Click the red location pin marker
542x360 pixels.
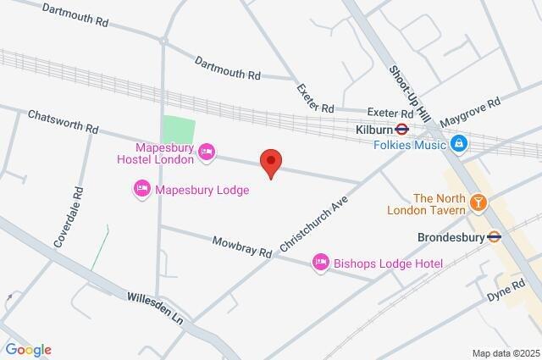tap(270, 162)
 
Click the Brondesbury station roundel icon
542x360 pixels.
tap(495, 237)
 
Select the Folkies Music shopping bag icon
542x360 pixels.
tap(458, 144)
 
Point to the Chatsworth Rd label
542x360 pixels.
tap(63, 122)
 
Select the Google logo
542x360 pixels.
tap(28, 350)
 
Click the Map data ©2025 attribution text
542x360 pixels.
tap(505, 353)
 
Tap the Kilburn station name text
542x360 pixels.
tap(375, 130)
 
